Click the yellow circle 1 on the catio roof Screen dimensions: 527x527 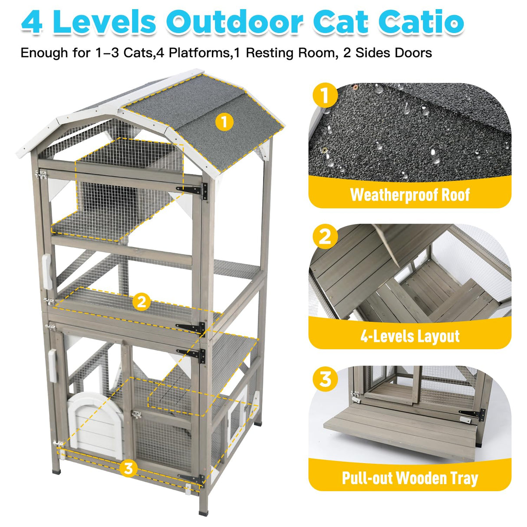pyautogui.click(x=224, y=122)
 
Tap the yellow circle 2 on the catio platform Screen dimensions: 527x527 pyautogui.click(x=142, y=302)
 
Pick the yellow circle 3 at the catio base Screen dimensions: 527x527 pyautogui.click(x=128, y=468)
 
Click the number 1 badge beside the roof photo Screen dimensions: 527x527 pyautogui.click(x=324, y=96)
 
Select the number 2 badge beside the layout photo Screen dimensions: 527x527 pyautogui.click(x=324, y=237)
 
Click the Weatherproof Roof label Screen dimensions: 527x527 pyautogui.click(x=409, y=195)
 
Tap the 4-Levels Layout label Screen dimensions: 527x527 pyautogui.click(x=409, y=336)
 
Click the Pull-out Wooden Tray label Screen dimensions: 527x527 pyautogui.click(x=409, y=478)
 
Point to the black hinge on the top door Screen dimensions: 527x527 pyautogui.click(x=193, y=190)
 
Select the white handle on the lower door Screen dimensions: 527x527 pyautogui.click(x=53, y=366)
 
